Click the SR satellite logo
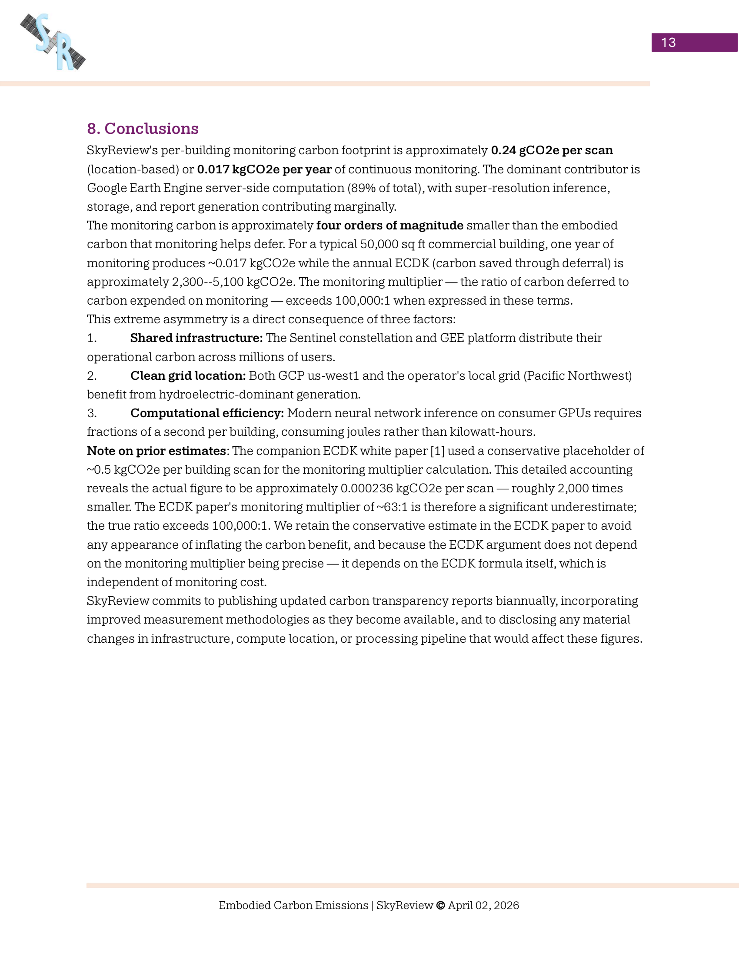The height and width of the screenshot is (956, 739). click(53, 42)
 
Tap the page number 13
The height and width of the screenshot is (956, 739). click(668, 43)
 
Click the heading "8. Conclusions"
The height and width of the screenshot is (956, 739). click(143, 128)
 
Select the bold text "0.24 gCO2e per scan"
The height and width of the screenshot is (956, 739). click(552, 150)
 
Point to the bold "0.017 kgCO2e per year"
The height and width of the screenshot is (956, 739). click(264, 169)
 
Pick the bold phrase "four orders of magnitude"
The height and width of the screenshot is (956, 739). click(389, 226)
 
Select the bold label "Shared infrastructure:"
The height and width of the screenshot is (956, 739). click(196, 338)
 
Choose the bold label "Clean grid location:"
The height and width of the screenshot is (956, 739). click(188, 375)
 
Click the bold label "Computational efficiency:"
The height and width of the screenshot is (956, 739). click(207, 413)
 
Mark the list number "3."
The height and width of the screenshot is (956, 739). click(92, 413)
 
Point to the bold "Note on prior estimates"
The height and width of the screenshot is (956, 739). click(156, 451)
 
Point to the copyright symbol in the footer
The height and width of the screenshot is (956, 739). click(440, 905)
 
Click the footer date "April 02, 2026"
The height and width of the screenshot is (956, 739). click(483, 905)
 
